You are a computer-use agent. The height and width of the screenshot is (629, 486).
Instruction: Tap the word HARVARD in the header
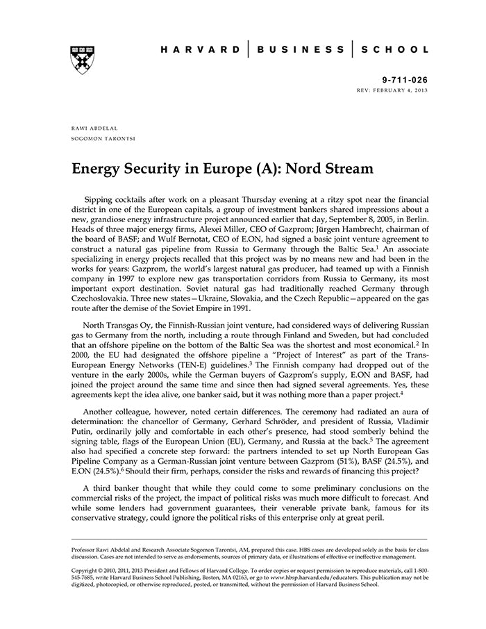[x=200, y=50]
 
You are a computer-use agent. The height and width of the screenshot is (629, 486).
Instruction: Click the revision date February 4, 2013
[x=403, y=91]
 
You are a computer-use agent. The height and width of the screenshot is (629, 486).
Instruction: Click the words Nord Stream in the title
[x=332, y=169]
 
